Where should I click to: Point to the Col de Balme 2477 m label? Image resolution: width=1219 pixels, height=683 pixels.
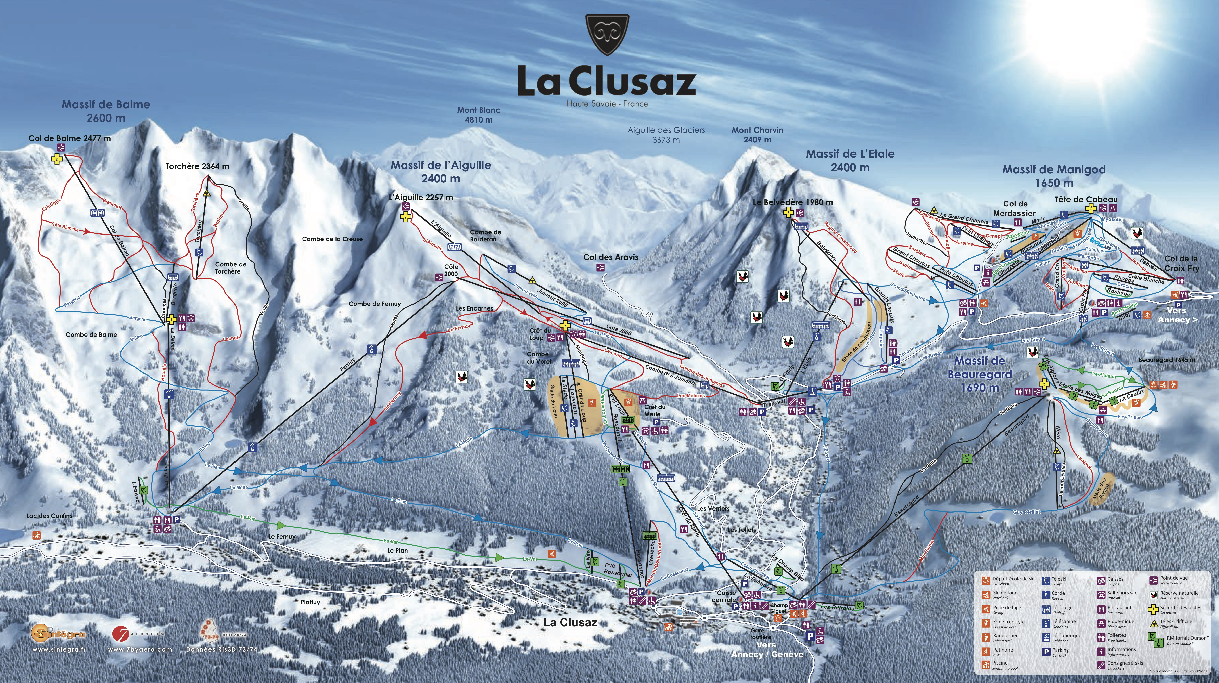(x=69, y=138)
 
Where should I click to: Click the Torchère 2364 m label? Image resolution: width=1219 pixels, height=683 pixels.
(x=197, y=166)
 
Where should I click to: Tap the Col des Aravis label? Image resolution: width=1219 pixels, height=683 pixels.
(x=610, y=257)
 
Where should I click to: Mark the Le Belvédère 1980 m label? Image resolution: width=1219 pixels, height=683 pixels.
(x=793, y=202)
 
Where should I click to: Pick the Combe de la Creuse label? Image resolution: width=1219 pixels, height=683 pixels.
(x=332, y=239)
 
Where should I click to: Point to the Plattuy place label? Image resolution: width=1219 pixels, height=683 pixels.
(x=310, y=602)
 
